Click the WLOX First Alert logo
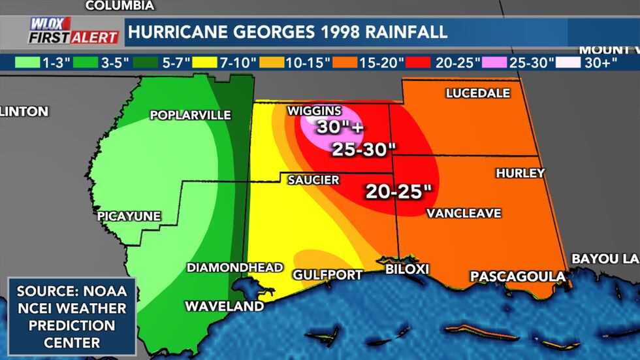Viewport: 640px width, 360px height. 73,31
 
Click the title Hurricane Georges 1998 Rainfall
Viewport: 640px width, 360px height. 288,31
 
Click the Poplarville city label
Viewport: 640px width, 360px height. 190,115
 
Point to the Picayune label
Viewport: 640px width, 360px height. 129,216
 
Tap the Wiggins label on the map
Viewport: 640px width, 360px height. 314,110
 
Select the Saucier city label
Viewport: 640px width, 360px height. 313,180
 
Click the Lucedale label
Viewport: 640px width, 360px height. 477,93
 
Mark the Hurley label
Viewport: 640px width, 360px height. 520,173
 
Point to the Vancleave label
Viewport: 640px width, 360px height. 464,213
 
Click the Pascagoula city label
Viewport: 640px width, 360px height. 518,276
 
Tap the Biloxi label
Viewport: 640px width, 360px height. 406,269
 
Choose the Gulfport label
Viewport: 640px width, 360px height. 327,274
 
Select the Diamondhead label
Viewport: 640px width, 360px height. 234,267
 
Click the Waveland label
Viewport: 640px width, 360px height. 224,306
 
